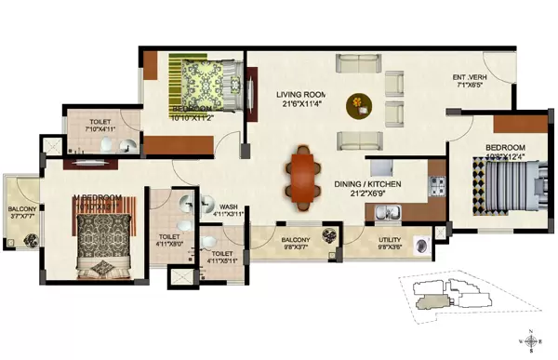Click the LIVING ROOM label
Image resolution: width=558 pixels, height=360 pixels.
point(303,95)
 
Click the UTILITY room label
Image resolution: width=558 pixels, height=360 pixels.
point(389,240)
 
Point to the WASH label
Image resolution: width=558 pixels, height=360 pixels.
point(227,208)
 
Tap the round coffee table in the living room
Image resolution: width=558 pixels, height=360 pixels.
point(358,105)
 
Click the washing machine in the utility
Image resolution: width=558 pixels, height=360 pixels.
point(422,247)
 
